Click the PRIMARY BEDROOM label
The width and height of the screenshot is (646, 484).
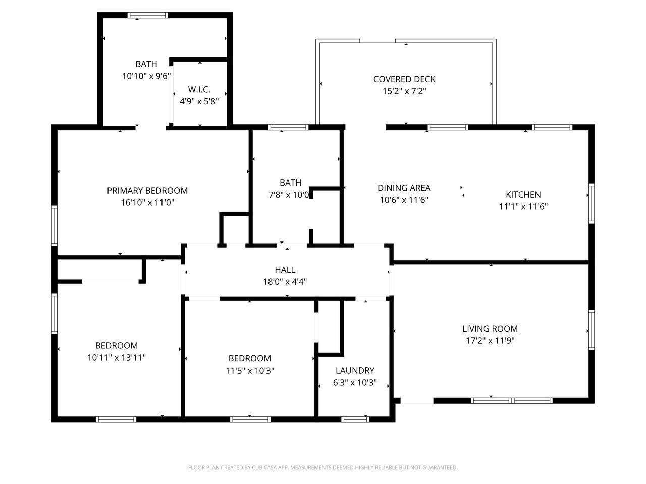click(x=147, y=191)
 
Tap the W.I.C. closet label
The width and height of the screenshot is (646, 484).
click(x=199, y=89)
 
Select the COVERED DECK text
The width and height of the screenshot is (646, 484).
click(x=404, y=79)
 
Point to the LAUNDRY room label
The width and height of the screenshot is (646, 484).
click(x=355, y=370)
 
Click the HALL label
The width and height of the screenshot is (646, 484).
click(x=285, y=270)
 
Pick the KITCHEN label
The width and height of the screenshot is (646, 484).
click(x=523, y=194)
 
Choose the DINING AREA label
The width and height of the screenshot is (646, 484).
click(x=404, y=188)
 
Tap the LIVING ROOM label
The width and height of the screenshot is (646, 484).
click(x=490, y=329)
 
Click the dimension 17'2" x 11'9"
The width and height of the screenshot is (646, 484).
click(x=490, y=341)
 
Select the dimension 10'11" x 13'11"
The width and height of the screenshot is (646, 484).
click(x=117, y=357)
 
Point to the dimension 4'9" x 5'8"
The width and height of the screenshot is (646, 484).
click(x=199, y=101)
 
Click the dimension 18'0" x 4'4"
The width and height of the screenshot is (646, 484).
click(x=285, y=282)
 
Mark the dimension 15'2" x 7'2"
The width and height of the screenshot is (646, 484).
click(x=404, y=91)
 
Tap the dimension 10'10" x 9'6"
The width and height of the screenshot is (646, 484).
click(x=146, y=76)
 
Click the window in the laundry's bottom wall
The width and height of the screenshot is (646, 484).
click(x=355, y=419)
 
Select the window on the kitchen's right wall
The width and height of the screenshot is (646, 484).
click(x=591, y=203)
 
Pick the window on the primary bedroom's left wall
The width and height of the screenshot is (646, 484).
click(x=55, y=225)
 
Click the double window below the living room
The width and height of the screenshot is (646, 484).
click(x=512, y=400)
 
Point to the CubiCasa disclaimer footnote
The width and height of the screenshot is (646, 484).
click(x=323, y=467)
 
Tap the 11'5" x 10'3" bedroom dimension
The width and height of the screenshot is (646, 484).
click(x=250, y=370)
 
